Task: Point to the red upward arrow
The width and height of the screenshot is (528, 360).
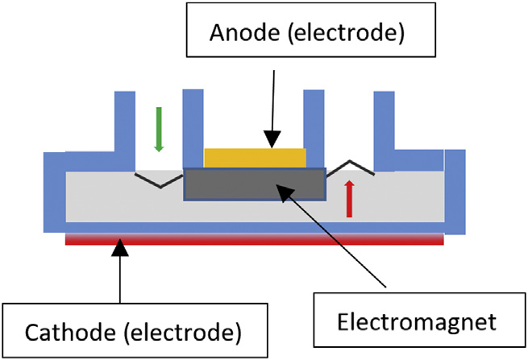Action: [x=349, y=199]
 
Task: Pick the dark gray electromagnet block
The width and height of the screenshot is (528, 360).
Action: [x=255, y=184]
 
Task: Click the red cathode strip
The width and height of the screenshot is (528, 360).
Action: [x=255, y=239]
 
